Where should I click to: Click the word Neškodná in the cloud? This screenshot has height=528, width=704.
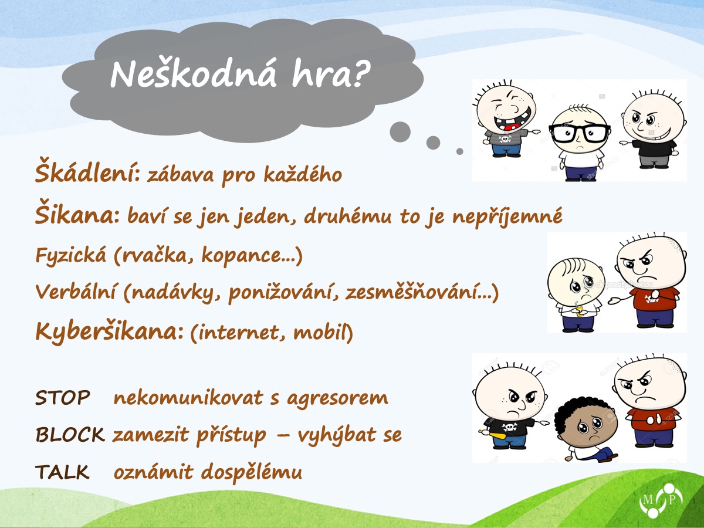click(193, 74)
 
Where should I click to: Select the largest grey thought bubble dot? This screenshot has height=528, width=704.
click(400, 132)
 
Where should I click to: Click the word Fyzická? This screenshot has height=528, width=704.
click(70, 256)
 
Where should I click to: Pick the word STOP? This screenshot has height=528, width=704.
click(63, 398)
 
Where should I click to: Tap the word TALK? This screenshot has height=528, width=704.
click(62, 472)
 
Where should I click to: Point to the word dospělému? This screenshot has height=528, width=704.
click(252, 473)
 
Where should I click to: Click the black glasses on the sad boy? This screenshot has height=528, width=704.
click(579, 133)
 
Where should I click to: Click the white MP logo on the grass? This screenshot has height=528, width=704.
click(661, 500)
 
